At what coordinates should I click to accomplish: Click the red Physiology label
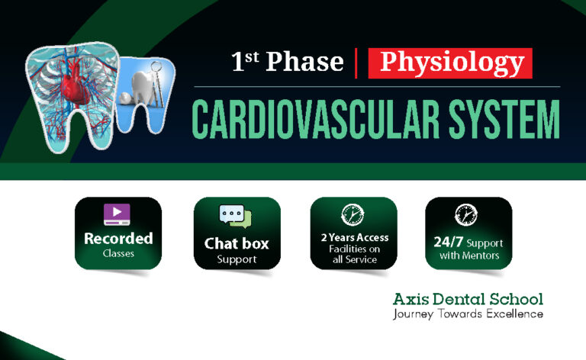pyautogui.click(x=450, y=63)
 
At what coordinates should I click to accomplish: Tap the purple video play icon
pyautogui.click(x=118, y=214)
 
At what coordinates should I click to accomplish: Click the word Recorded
pyautogui.click(x=118, y=238)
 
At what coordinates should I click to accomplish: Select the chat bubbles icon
pyautogui.click(x=237, y=217)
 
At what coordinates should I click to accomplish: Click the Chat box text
pyautogui.click(x=237, y=244)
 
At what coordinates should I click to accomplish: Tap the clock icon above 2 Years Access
pyautogui.click(x=353, y=214)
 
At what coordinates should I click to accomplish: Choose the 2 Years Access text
pyautogui.click(x=354, y=237)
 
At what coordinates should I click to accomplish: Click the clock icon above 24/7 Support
pyautogui.click(x=465, y=214)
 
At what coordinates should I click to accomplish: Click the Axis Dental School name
pyautogui.click(x=468, y=298)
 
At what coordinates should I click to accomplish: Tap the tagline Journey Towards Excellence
pyautogui.click(x=468, y=313)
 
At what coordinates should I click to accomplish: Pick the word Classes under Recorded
pyautogui.click(x=118, y=253)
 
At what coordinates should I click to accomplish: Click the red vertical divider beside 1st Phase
pyautogui.click(x=356, y=63)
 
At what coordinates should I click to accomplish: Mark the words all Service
pyautogui.click(x=354, y=259)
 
